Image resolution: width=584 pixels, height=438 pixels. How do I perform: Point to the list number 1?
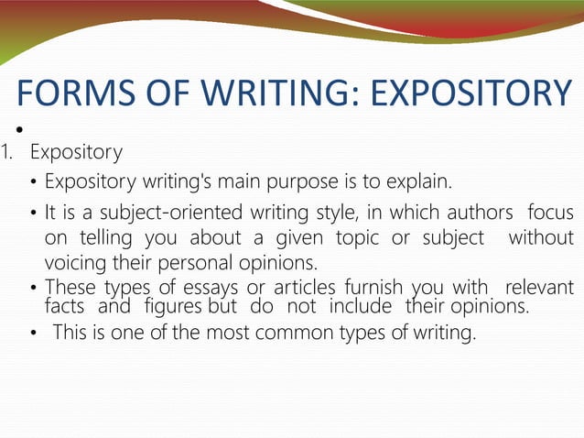[x=5, y=150]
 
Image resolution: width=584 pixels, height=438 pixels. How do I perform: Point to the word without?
[x=541, y=238]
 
